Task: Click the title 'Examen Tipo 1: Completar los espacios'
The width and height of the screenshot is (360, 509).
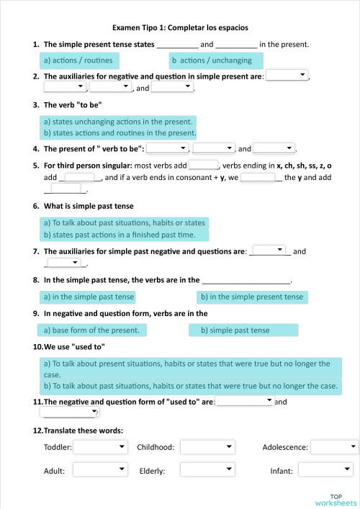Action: click(x=180, y=27)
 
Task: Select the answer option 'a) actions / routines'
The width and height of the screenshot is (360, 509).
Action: click(x=78, y=60)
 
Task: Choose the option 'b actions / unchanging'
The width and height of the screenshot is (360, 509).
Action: click(x=215, y=60)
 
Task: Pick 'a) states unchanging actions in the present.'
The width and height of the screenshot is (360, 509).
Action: click(x=119, y=122)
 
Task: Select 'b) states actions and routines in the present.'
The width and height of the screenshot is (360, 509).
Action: click(x=120, y=133)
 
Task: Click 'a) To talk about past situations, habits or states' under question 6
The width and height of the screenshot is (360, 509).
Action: click(x=125, y=223)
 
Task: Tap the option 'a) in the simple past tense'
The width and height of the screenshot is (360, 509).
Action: click(x=89, y=297)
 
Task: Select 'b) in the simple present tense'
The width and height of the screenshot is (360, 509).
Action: click(x=252, y=297)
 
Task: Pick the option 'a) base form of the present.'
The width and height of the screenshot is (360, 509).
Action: click(x=91, y=330)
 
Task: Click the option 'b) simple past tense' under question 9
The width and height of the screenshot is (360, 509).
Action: click(x=243, y=330)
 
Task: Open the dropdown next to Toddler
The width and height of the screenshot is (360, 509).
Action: click(x=100, y=447)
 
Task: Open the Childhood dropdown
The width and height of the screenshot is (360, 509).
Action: click(x=207, y=447)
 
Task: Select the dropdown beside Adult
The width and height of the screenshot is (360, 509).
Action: click(x=100, y=470)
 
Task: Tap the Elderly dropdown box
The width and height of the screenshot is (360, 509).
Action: click(x=207, y=470)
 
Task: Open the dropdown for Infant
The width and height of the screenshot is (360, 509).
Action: click(x=325, y=470)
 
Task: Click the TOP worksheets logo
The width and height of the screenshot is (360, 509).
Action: click(x=336, y=499)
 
